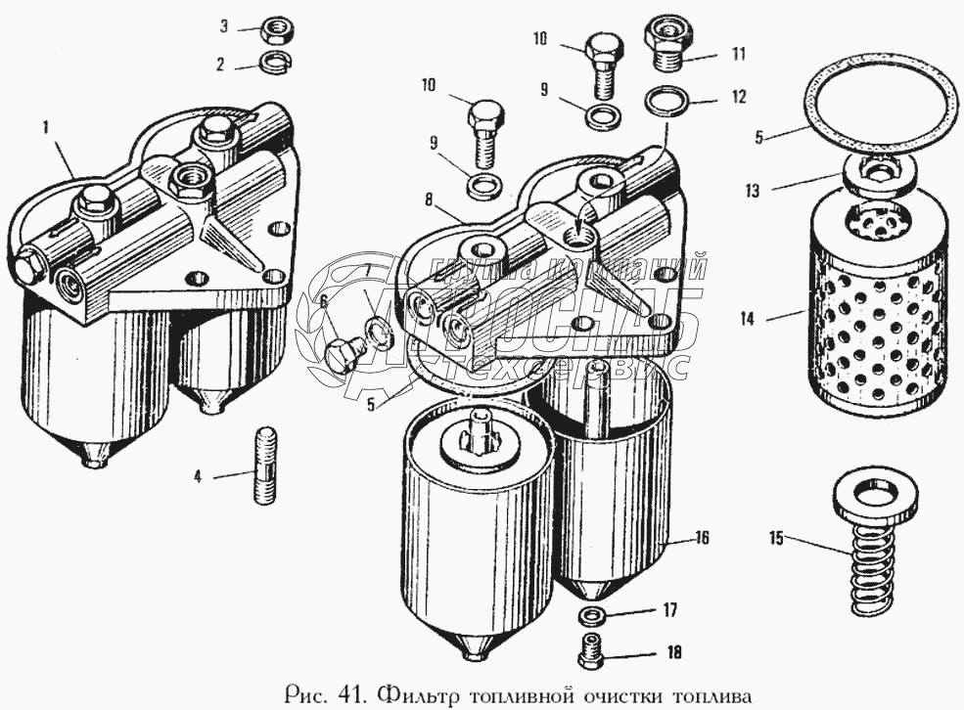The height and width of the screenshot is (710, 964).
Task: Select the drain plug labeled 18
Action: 591,651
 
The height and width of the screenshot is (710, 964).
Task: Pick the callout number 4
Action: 198,477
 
